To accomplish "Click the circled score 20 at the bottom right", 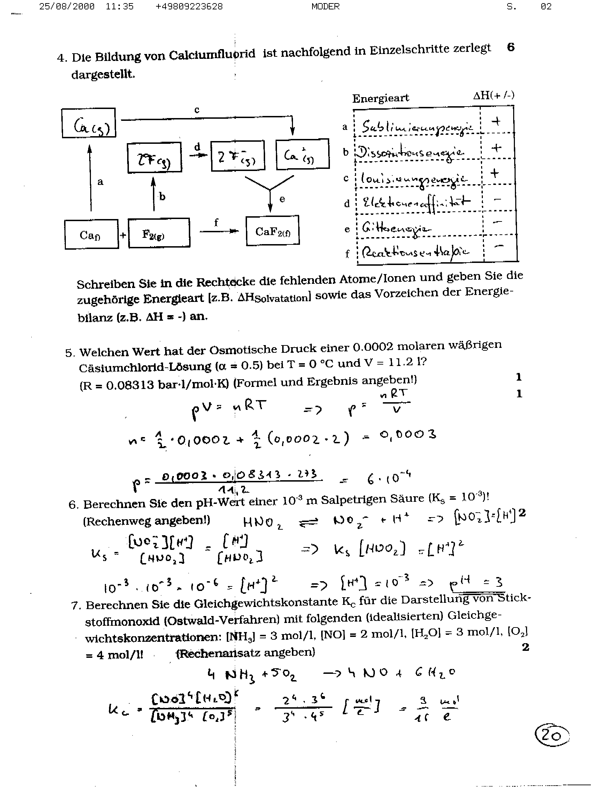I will coord(551,735).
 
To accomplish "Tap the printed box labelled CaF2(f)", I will coord(272,231).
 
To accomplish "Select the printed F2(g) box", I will coord(159,233).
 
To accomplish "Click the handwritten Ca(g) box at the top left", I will coord(89,123).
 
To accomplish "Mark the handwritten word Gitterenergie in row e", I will coord(396,228).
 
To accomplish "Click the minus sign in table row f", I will coord(499,246).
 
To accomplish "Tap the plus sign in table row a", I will coord(496,122).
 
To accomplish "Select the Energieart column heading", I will coord(380,98).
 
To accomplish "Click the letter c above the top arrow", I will coord(196,110).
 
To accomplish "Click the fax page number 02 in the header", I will coord(546,7).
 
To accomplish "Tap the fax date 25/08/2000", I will coord(67,7).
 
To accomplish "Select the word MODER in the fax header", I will coord(325,7).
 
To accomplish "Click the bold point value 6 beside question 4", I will coord(511,47).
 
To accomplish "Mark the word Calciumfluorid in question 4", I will coord(212,55).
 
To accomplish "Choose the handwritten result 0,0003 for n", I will coord(408,435).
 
